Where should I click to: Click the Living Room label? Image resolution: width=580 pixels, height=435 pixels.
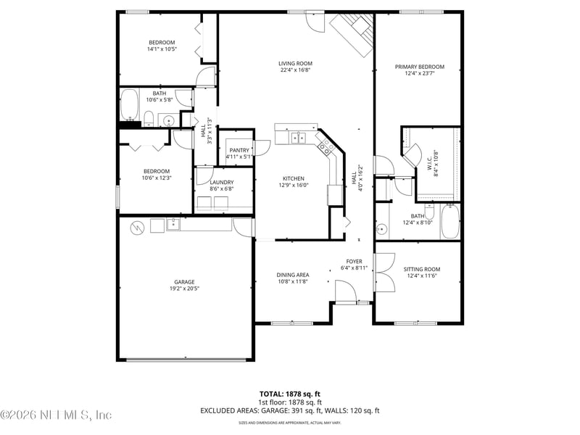(295, 63)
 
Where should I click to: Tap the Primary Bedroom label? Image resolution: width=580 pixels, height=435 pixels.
(419, 67)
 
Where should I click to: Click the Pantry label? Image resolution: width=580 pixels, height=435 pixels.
(239, 149)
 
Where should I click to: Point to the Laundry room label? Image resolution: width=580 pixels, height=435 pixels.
(221, 182)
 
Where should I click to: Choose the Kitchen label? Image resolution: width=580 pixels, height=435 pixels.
(293, 178)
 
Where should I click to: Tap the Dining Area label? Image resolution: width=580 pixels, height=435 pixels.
(293, 275)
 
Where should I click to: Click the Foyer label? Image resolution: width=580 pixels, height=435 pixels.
(354, 261)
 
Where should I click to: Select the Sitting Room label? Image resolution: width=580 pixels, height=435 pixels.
(421, 269)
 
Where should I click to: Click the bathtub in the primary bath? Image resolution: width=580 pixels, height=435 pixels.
(449, 222)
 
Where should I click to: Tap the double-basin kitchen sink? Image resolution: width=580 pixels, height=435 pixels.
(299, 136)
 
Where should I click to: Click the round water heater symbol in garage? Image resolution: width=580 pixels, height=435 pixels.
(135, 228)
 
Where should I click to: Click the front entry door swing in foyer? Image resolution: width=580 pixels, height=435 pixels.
(345, 292)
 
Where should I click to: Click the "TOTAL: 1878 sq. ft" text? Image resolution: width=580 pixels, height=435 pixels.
(290, 394)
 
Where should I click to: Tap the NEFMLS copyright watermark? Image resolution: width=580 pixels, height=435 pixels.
(57, 415)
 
